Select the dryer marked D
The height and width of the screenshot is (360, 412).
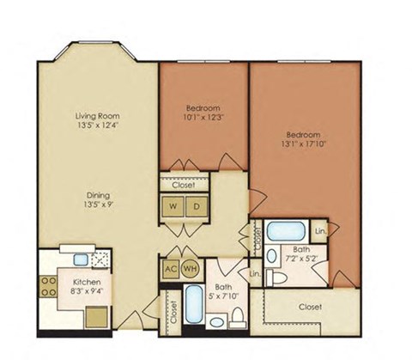pyautogui.click(x=197, y=207)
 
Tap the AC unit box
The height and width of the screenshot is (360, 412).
pyautogui.click(x=170, y=267)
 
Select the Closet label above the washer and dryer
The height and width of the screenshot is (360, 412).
pyautogui.click(x=184, y=184)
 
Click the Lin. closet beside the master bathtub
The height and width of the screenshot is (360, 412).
pyautogui.click(x=319, y=231)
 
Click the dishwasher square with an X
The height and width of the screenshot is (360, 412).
pyautogui.click(x=101, y=258)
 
